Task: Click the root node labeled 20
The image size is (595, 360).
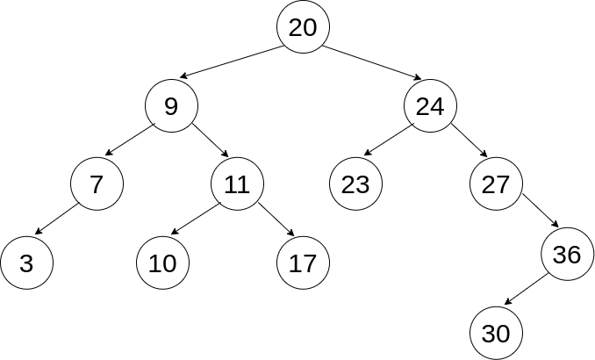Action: (303, 27)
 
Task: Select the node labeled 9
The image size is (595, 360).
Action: (171, 106)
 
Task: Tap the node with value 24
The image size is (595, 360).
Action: (430, 106)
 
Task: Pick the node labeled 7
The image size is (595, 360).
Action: (97, 184)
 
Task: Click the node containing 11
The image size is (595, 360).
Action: (237, 184)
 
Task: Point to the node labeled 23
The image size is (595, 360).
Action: (355, 184)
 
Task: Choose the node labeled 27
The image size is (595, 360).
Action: (496, 184)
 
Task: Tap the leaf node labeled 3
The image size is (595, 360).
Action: (26, 263)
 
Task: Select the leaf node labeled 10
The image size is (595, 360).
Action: (162, 263)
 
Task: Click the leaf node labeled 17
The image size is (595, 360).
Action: (303, 263)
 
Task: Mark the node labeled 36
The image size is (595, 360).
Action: (567, 255)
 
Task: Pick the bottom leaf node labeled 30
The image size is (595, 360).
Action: (496, 334)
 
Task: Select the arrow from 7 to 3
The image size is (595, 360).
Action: (58, 220)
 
